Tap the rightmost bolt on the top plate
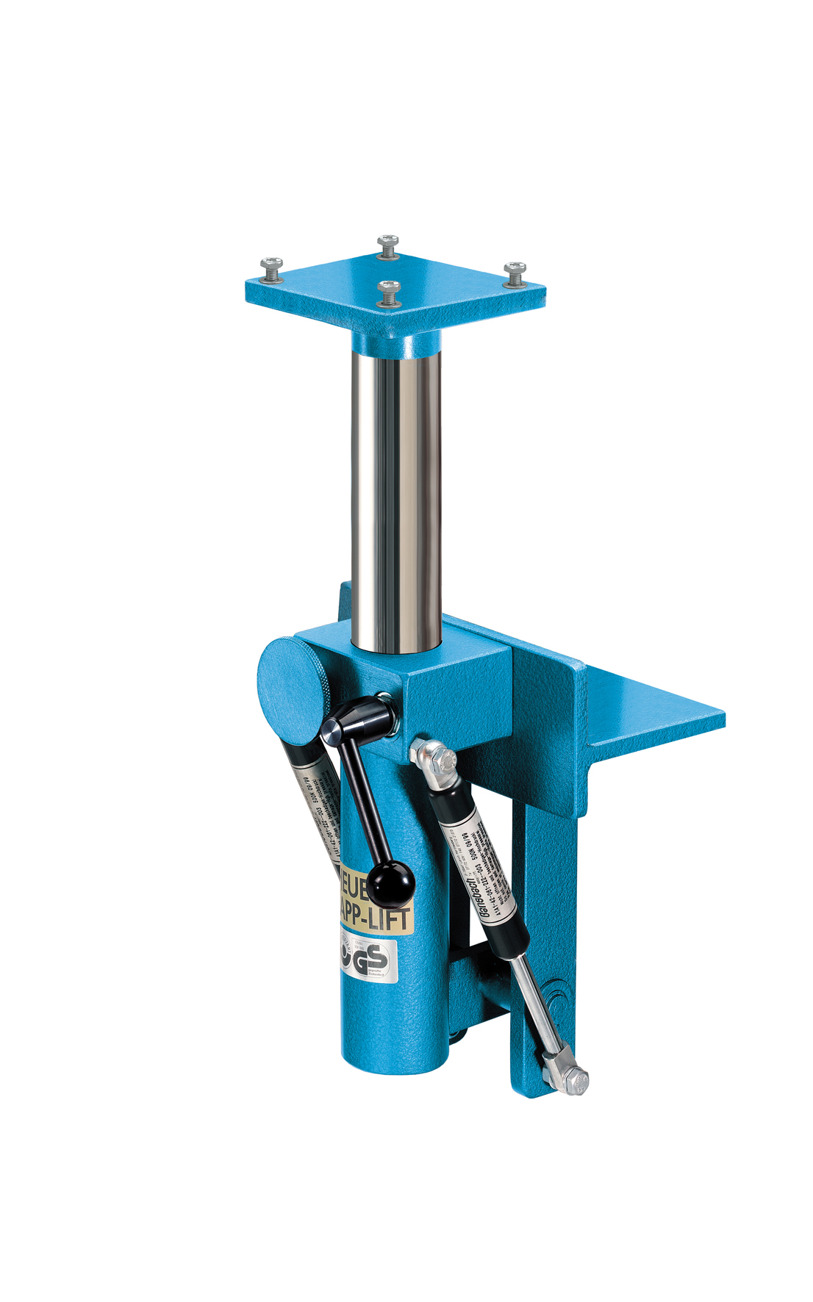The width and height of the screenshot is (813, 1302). tap(515, 273)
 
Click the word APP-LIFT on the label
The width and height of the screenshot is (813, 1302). tap(375, 916)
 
